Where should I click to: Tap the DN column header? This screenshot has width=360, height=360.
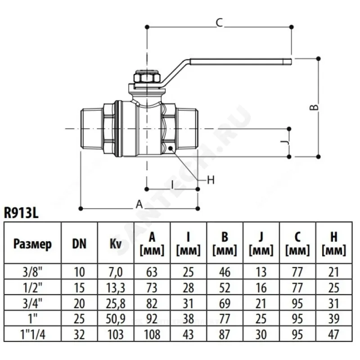79,244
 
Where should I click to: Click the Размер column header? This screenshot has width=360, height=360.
32,244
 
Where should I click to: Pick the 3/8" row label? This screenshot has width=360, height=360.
32,272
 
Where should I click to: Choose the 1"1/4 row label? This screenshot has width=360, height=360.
32,333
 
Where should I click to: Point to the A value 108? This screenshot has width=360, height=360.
152,333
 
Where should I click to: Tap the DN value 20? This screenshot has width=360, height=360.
79,303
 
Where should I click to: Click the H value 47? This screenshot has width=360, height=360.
334,333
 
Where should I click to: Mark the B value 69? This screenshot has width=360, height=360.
225,303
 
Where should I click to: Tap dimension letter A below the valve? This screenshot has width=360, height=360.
139,204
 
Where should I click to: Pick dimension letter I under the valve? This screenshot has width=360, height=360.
172,184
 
